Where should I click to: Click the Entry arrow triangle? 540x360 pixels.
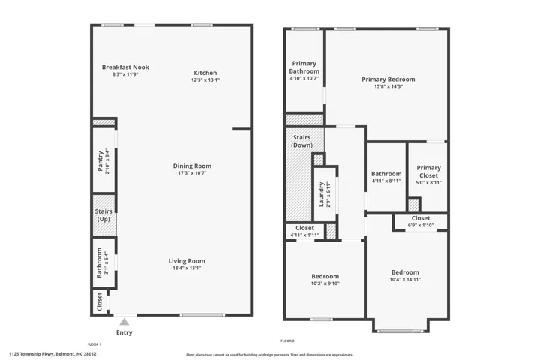124,322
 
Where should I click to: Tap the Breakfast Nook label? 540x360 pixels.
125,67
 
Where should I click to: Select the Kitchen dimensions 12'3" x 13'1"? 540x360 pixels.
205,80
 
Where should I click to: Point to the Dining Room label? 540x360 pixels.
192,166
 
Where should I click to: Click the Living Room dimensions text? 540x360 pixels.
187,268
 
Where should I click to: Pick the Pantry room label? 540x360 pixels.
100,161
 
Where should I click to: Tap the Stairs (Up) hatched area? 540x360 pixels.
104,215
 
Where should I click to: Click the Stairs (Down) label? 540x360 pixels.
302,141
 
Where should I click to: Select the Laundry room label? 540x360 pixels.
321,195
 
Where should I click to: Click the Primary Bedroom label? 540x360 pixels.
388,79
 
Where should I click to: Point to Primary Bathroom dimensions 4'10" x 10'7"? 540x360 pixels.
304,78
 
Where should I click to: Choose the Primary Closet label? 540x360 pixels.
429,172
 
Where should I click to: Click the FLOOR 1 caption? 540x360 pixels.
94,344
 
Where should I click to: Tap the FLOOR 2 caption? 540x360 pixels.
287,340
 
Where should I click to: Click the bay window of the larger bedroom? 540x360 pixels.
400,331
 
